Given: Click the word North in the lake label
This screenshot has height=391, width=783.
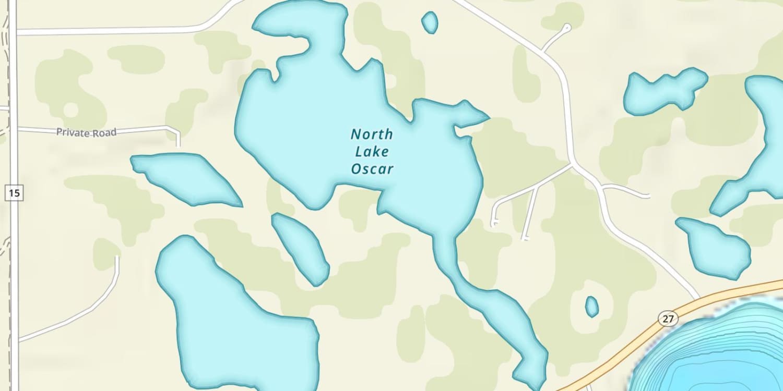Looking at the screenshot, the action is [372, 135].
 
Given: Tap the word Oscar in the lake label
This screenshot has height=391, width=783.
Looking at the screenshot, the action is [372, 169].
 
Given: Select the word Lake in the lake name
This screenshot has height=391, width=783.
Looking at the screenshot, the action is [372, 152].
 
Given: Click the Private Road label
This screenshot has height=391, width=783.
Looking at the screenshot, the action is [86, 132].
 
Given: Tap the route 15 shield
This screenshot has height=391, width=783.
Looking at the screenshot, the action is [15, 193].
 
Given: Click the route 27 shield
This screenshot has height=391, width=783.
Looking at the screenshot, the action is [668, 318].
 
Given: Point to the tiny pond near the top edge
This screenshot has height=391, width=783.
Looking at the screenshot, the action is [430, 22].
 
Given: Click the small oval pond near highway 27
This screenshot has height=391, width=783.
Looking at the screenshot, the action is [591, 307].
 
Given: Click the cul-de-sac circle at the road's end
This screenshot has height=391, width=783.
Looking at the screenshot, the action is [567, 27].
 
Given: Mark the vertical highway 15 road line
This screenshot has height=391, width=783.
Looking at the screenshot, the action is [14, 261].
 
